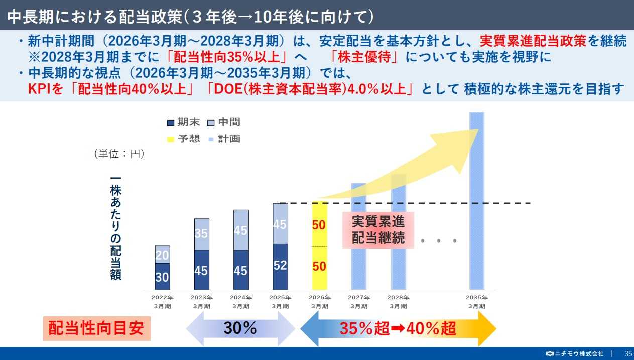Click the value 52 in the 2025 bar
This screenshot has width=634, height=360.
click(280, 265)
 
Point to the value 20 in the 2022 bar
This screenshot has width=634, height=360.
click(162, 256)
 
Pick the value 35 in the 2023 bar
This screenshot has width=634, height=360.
click(201, 233)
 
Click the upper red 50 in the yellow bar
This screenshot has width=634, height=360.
click(319, 225)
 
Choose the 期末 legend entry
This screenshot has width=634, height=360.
click(184, 122)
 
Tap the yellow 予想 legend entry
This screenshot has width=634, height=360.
click(184, 139)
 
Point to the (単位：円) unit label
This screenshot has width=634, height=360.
click(119, 154)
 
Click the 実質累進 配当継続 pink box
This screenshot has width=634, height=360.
click(378, 229)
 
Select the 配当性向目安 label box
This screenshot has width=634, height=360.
click(96, 328)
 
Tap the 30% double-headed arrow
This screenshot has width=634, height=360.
click(240, 328)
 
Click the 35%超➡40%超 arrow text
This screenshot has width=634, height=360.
click(398, 329)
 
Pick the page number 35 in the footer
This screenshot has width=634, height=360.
click(628, 353)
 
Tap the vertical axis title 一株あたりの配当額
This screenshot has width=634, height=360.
click(116, 228)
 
